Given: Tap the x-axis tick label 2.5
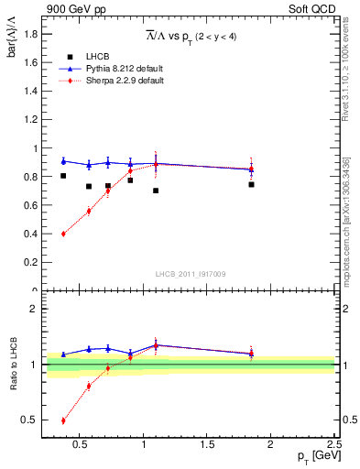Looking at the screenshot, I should pyautogui.click(x=334, y=445).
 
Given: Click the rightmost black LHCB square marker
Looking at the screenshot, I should pyautogui.click(x=251, y=184).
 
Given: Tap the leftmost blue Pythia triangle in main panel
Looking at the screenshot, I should pyautogui.click(x=63, y=161).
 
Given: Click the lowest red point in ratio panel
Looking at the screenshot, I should pyautogui.click(x=63, y=420).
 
